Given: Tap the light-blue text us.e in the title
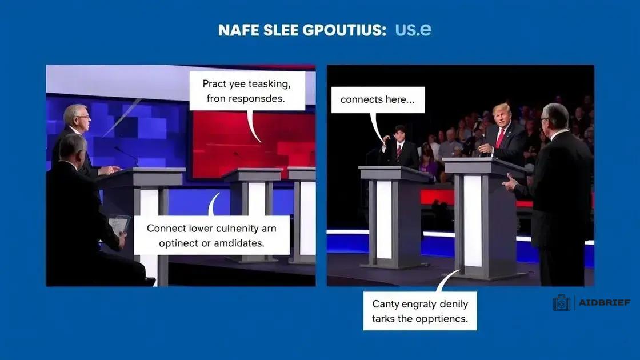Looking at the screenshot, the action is tap(413, 30).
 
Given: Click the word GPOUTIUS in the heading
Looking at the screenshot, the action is tap(345, 30).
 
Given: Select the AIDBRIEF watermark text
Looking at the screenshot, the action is tap(605, 303).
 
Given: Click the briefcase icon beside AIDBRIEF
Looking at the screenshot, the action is tap(562, 302).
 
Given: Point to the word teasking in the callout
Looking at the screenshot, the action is tap(270, 84).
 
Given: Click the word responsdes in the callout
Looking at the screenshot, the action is tap(257, 98).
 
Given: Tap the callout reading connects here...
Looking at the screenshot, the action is tap(378, 99).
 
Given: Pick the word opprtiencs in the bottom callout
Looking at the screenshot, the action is tap(445, 318).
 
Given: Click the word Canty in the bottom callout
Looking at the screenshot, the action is tap(385, 305).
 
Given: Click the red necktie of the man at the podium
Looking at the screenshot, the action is tap(500, 138).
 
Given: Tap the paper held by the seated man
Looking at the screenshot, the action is tap(119, 225).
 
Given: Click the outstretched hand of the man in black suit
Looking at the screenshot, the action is tap(510, 182).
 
